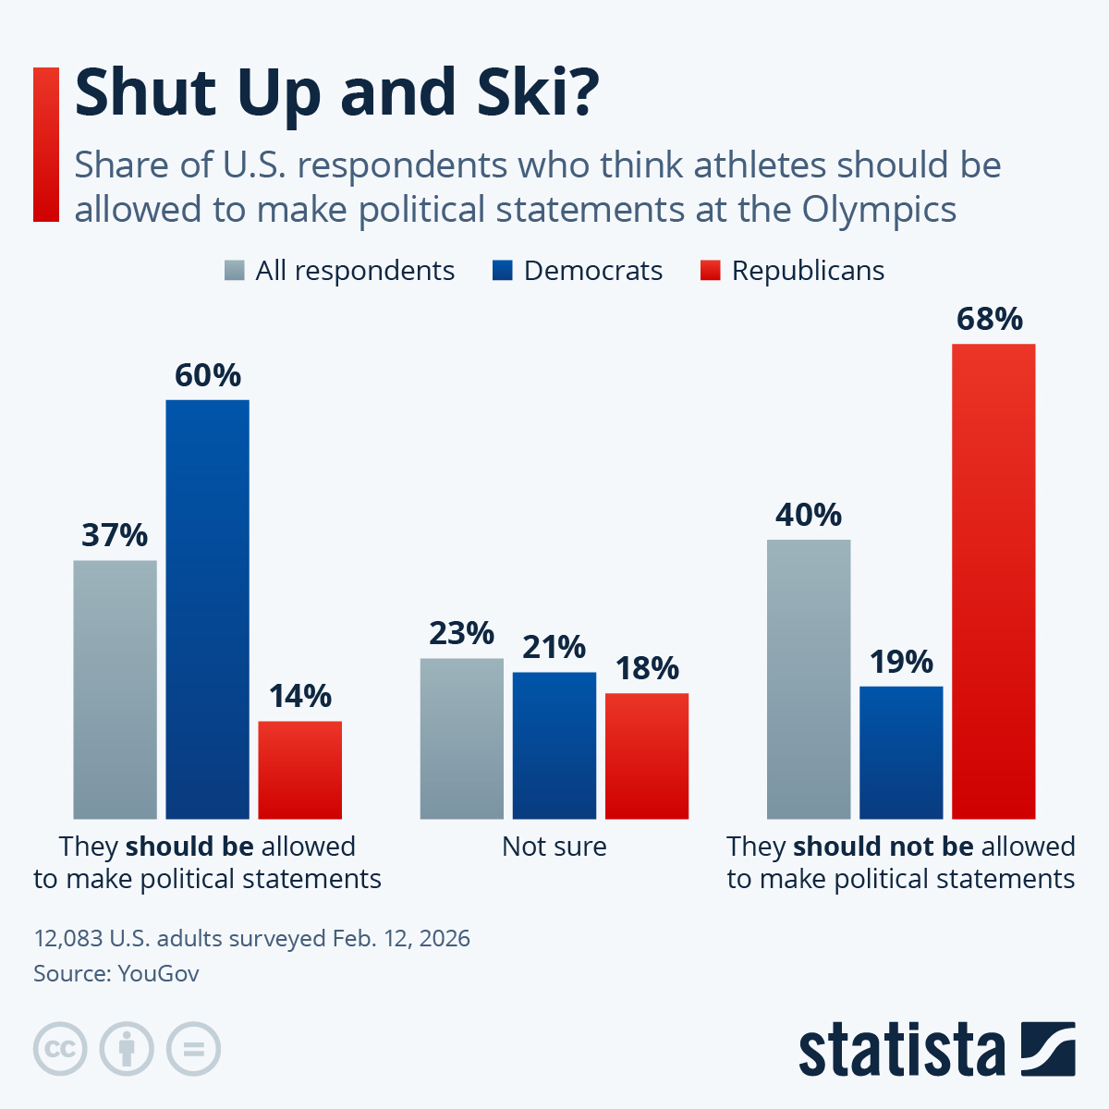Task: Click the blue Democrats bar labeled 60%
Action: tap(207, 609)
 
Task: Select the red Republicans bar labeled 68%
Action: tap(993, 581)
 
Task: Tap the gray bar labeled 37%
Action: tap(115, 689)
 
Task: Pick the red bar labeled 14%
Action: tap(299, 770)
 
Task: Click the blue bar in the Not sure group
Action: tap(554, 745)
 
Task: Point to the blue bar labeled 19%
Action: tap(901, 752)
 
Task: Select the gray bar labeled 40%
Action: tap(809, 679)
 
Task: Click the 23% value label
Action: tap(461, 634)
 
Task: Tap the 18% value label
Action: tap(647, 668)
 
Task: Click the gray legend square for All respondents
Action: tap(235, 271)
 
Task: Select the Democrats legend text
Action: tap(592, 271)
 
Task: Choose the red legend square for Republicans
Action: tap(710, 271)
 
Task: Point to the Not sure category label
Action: tap(554, 847)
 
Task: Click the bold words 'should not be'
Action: tap(884, 847)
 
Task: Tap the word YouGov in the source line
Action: tap(158, 973)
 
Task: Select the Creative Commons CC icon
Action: tap(60, 1049)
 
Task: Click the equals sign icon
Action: tap(193, 1049)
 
